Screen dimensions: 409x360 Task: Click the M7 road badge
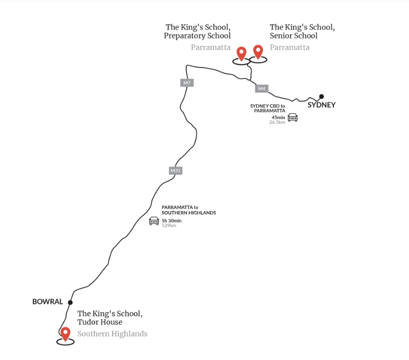(x=187, y=83)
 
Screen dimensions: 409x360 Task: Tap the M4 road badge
(x=262, y=89)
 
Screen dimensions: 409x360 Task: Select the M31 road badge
(x=175, y=171)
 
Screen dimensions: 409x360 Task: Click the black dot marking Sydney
(x=322, y=96)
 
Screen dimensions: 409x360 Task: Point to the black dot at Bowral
(x=70, y=302)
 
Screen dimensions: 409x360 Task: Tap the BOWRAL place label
(x=47, y=301)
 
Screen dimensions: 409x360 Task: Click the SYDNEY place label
(x=322, y=105)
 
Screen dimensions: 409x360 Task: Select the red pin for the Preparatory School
(x=241, y=54)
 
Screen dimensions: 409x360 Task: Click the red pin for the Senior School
(x=258, y=52)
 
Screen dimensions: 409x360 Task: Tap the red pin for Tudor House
(x=65, y=334)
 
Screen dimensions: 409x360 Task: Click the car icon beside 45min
(x=293, y=117)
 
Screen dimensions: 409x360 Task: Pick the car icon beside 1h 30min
(x=154, y=221)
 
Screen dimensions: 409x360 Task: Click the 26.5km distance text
(x=277, y=122)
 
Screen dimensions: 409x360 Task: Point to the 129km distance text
(x=169, y=225)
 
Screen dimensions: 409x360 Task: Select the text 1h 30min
(x=171, y=220)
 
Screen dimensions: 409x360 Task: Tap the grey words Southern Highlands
(x=112, y=334)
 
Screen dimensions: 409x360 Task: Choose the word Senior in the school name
(x=281, y=36)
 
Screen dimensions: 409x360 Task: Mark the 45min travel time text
(x=278, y=117)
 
